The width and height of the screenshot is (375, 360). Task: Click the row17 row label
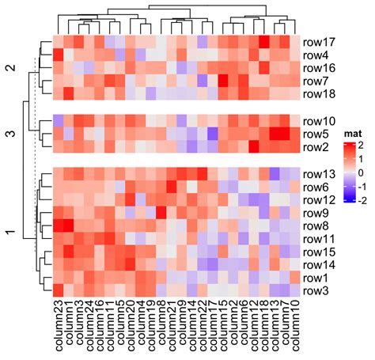[x=320, y=41]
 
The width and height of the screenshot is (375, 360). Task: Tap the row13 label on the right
[x=320, y=173]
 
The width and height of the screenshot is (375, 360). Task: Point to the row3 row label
[x=318, y=291]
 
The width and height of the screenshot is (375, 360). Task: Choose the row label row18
[x=320, y=94]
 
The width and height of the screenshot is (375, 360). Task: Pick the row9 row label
[x=318, y=212]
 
